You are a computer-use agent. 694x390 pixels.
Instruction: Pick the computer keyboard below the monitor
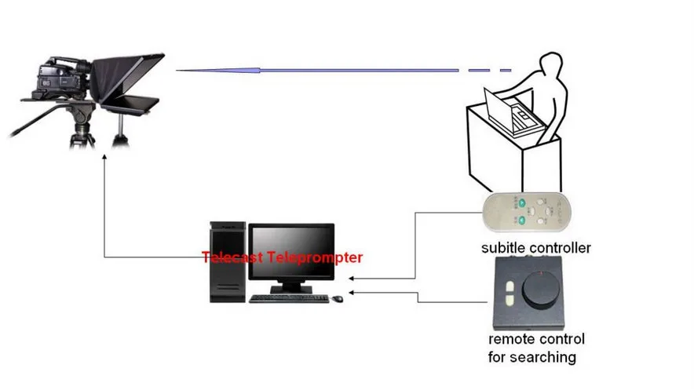pyautogui.click(x=289, y=298)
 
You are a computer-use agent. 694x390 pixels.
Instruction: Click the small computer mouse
pyautogui.click(x=337, y=298)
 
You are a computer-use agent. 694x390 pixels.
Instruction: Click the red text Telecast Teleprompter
pyautogui.click(x=282, y=257)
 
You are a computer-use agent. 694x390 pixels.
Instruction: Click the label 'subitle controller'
pyautogui.click(x=535, y=249)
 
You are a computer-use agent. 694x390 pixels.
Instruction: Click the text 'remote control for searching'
pyautogui.click(x=536, y=348)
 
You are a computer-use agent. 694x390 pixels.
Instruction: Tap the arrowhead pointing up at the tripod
pyautogui.click(x=104, y=157)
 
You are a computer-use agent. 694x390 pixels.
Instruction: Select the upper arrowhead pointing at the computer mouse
pyautogui.click(x=350, y=278)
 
